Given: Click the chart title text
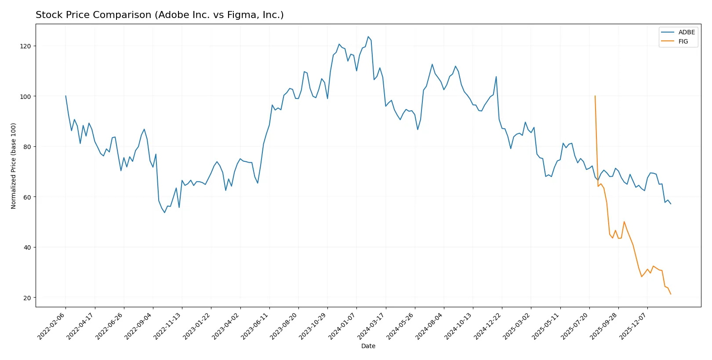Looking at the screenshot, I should click(x=160, y=15).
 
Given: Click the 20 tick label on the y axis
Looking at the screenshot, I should click(x=27, y=298).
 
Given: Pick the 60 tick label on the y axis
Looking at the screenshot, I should click(x=27, y=197).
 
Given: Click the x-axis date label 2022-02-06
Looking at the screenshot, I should click(x=52, y=326).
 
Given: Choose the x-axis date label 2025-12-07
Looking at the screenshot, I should click(x=634, y=326).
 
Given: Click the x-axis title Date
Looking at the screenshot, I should click(x=368, y=346).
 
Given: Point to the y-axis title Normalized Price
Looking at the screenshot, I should click(x=14, y=166).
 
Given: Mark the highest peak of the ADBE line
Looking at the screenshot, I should click(x=368, y=37).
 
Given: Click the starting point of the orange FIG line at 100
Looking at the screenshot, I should click(x=595, y=96).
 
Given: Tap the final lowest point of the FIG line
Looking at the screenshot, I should click(x=671, y=294).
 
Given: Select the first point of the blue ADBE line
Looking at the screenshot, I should click(x=65, y=96).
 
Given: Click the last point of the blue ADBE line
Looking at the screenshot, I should click(x=671, y=204).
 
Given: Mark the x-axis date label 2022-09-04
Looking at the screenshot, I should click(x=139, y=326).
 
